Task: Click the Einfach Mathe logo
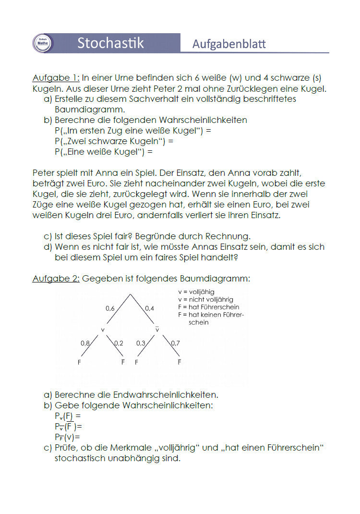click(x=42, y=43)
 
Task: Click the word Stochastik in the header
click(x=110, y=43)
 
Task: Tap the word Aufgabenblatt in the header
click(x=229, y=44)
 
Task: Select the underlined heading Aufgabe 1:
click(x=56, y=77)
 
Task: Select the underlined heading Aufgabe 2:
click(x=56, y=279)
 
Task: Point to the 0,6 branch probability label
click(x=110, y=308)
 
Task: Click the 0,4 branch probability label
click(x=149, y=308)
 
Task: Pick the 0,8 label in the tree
click(x=85, y=343)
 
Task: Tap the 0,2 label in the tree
click(x=119, y=343)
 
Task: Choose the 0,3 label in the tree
click(x=141, y=343)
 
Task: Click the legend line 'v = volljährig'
click(x=196, y=292)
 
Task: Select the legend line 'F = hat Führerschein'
click(x=208, y=307)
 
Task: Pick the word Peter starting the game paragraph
click(x=44, y=173)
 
